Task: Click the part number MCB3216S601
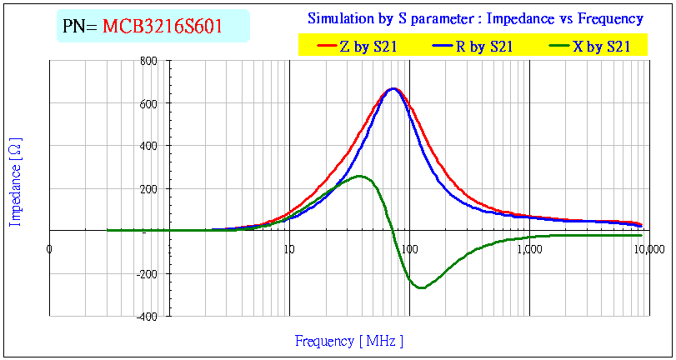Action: [162, 27]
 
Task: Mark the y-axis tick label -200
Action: [147, 274]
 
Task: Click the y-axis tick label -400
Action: [147, 317]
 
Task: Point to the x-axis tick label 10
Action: [288, 248]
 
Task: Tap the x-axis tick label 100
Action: [408, 248]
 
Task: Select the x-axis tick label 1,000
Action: [528, 248]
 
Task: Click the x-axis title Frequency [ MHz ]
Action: [349, 341]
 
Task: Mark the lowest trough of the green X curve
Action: [421, 288]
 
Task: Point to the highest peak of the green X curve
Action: [359, 176]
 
